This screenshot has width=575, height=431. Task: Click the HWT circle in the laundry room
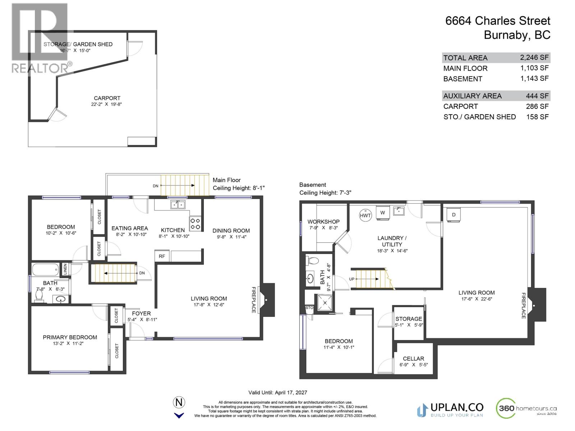tap(365, 215)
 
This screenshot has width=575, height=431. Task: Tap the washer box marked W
tap(382, 212)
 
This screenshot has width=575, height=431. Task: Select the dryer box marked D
tap(454, 215)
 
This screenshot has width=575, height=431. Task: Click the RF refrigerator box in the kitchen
tap(162, 256)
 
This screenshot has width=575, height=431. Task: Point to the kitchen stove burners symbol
tap(195, 224)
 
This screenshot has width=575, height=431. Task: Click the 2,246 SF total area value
tap(534, 57)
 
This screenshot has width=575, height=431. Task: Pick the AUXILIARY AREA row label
tap(472, 96)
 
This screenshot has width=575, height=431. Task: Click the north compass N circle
tap(179, 402)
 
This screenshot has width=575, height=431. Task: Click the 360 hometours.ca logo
tap(526, 409)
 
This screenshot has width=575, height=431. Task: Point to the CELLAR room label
tap(413, 358)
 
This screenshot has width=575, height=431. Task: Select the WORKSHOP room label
tap(323, 222)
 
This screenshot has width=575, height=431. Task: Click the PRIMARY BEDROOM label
tap(70, 337)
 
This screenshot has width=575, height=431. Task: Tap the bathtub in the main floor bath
tap(45, 269)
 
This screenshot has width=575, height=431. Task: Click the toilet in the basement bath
tap(313, 261)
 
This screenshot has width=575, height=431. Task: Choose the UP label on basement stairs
tap(351, 279)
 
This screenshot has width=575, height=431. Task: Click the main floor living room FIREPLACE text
tap(253, 300)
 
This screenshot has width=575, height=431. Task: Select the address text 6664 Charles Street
tap(497, 21)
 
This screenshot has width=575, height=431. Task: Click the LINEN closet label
tap(65, 269)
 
